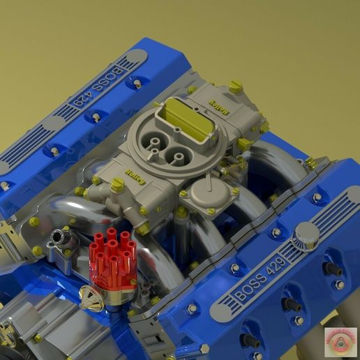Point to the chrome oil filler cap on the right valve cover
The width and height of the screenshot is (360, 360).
click(x=306, y=234)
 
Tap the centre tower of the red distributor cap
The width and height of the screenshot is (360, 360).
click(x=112, y=246)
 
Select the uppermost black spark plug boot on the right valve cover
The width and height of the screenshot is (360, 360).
click(x=332, y=269)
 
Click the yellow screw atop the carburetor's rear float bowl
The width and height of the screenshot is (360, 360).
click(x=235, y=87)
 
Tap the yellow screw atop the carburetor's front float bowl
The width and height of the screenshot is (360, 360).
click(x=118, y=185)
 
